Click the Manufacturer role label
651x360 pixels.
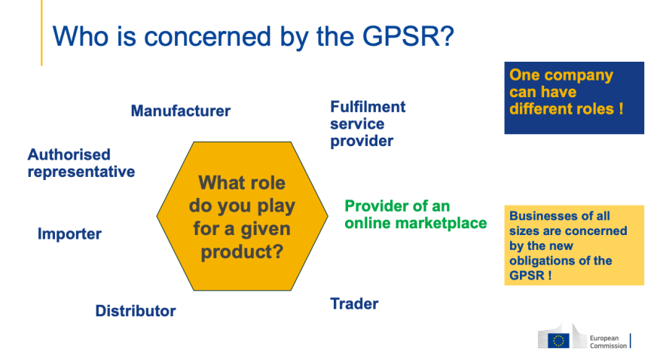click(x=180, y=111)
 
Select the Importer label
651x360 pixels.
click(x=69, y=234)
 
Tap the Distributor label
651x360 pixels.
click(x=136, y=310)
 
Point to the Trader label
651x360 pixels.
click(x=354, y=304)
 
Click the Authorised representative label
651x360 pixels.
click(x=81, y=163)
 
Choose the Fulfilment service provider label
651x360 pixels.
click(x=368, y=124)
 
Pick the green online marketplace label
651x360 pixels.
click(x=415, y=215)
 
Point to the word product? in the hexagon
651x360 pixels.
click(x=242, y=252)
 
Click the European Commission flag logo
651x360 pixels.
click(x=558, y=340)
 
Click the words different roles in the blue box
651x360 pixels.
click(x=566, y=108)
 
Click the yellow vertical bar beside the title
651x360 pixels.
click(x=41, y=34)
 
